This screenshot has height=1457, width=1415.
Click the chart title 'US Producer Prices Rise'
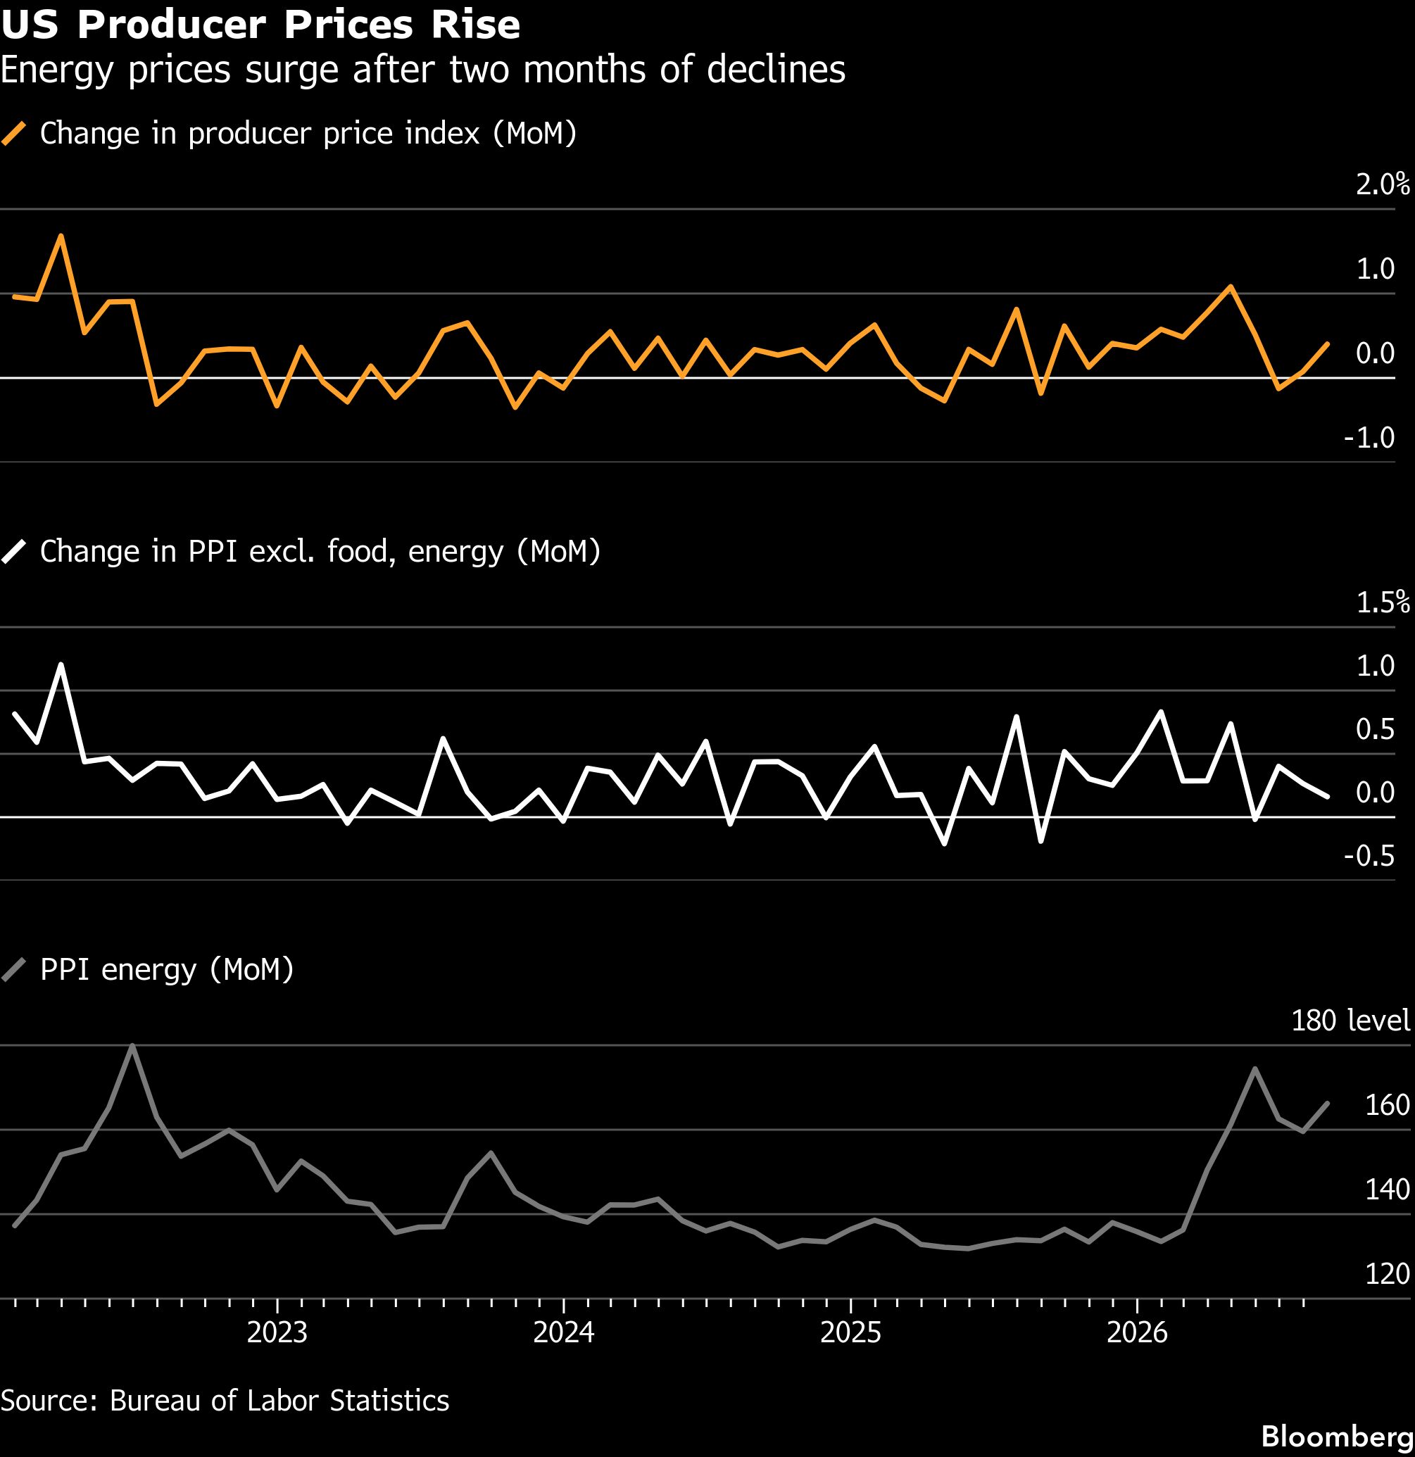(260, 24)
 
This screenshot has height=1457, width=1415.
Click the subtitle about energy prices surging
(422, 70)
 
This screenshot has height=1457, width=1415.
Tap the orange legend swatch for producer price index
(14, 134)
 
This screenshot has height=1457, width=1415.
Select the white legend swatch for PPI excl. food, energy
(14, 552)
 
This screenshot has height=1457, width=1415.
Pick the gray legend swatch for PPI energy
(14, 969)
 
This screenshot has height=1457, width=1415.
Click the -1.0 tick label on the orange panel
(1369, 437)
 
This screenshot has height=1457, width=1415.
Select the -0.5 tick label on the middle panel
(1369, 856)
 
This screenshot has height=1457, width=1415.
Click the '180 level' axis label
(1350, 1021)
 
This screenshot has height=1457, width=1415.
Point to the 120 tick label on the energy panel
(1388, 1274)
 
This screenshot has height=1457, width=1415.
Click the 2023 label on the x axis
(277, 1332)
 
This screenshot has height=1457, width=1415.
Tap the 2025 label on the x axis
(850, 1332)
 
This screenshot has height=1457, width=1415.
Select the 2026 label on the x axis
(1137, 1332)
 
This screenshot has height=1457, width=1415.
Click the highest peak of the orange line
(61, 236)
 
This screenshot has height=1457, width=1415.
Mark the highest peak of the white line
(61, 664)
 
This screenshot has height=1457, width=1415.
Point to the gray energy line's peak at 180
(132, 1045)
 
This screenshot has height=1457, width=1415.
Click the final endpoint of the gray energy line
(1328, 1103)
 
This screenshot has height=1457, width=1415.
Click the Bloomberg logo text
(1338, 1436)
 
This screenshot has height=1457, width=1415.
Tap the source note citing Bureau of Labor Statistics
(225, 1401)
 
